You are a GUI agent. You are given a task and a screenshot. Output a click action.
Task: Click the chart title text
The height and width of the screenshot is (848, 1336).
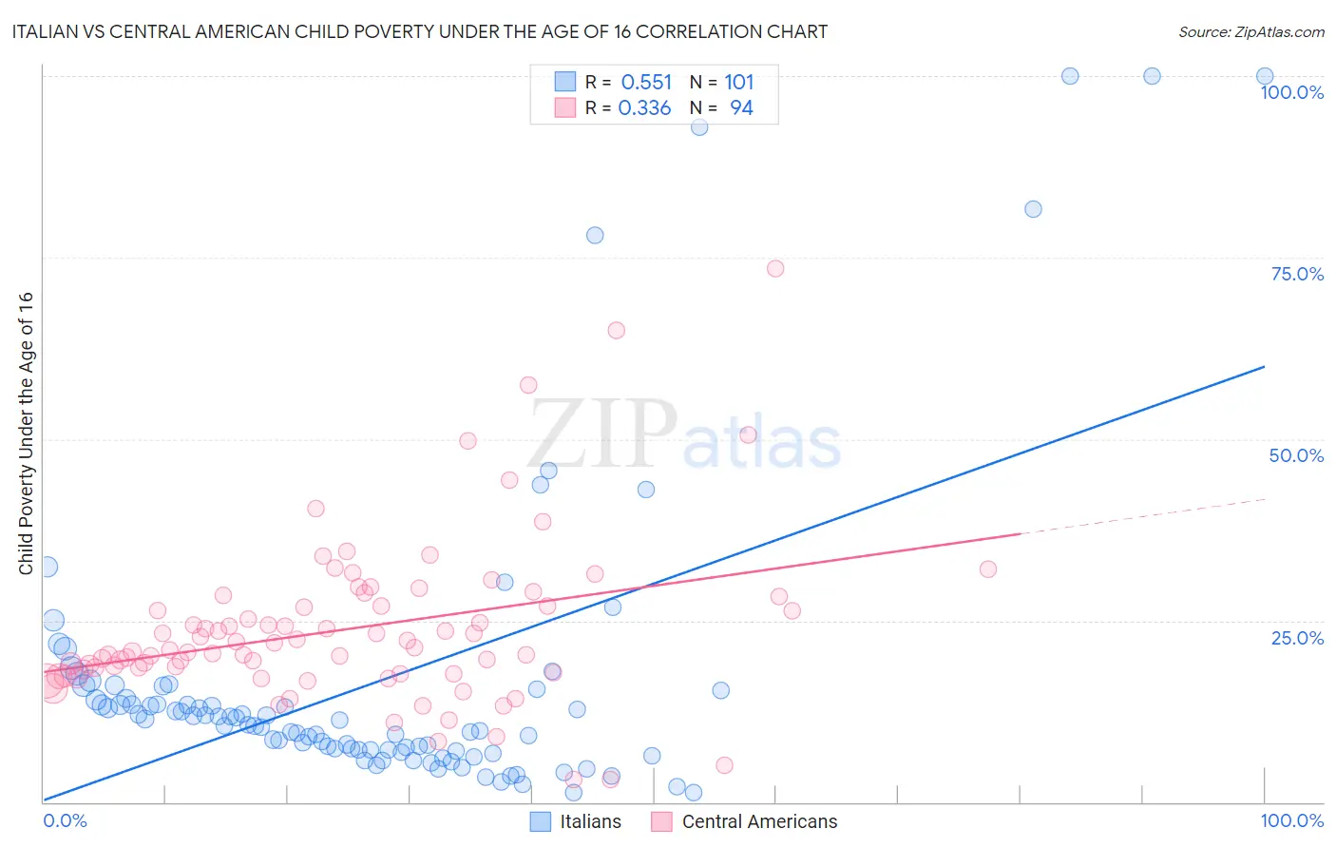coord(419,31)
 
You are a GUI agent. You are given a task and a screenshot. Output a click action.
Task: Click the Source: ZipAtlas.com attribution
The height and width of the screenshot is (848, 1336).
coord(1250,31)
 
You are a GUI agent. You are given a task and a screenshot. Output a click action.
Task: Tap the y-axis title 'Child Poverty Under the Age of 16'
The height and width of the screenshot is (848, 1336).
coord(26,433)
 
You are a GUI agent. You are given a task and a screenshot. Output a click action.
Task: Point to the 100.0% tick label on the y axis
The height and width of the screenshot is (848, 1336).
coord(1291,92)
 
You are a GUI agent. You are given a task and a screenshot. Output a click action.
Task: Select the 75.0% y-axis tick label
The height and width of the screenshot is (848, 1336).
coord(1297,274)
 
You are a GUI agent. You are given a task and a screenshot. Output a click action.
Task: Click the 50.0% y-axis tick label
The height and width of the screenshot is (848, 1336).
coord(1296,455)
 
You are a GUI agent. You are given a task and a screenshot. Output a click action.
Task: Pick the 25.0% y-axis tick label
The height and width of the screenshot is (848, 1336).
coord(1297,638)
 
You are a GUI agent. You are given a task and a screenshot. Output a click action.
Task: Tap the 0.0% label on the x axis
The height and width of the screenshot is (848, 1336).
coord(65,820)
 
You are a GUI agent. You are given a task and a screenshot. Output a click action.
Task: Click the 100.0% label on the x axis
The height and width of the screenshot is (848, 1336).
coord(1291,820)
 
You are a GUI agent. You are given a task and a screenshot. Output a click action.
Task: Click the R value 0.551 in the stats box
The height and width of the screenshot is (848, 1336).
coord(646,82)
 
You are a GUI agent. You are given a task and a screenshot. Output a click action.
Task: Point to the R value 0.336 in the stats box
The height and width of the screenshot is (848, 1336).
coord(644,108)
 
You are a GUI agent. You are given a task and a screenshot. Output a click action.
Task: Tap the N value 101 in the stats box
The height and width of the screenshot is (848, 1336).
coord(739,82)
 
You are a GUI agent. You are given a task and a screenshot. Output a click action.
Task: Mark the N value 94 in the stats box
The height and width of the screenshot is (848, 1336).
coord(741,108)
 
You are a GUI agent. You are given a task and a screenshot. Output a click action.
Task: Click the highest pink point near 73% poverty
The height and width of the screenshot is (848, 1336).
coord(775,268)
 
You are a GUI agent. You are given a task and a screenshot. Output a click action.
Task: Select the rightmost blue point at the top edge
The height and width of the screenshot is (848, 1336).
coord(1265,76)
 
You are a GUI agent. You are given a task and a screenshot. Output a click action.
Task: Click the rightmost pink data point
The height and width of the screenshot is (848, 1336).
coord(988,569)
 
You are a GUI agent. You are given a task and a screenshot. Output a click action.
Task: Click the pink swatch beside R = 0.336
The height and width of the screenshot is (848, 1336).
coord(565,108)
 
